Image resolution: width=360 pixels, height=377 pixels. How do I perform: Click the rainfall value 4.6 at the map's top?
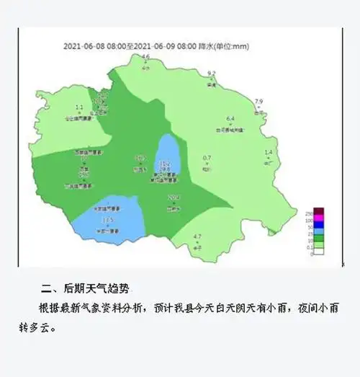145,56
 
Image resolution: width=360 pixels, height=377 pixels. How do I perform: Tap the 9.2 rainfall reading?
212,74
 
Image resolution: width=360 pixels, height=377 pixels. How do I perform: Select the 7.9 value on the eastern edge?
259,101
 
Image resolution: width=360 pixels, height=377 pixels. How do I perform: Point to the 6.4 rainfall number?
231,118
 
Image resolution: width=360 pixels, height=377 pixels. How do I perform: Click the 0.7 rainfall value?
207,158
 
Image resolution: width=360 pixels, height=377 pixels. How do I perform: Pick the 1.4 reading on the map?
269,152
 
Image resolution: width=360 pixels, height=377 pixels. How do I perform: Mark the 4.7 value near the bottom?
198,236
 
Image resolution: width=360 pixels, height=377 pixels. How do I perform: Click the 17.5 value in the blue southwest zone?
108,220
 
